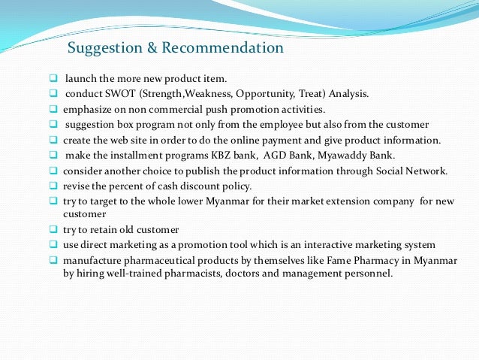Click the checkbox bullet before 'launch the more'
[53, 78]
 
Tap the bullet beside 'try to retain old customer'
[53, 230]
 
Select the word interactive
[317, 245]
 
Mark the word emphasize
[89, 109]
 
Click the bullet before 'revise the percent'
[53, 185]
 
